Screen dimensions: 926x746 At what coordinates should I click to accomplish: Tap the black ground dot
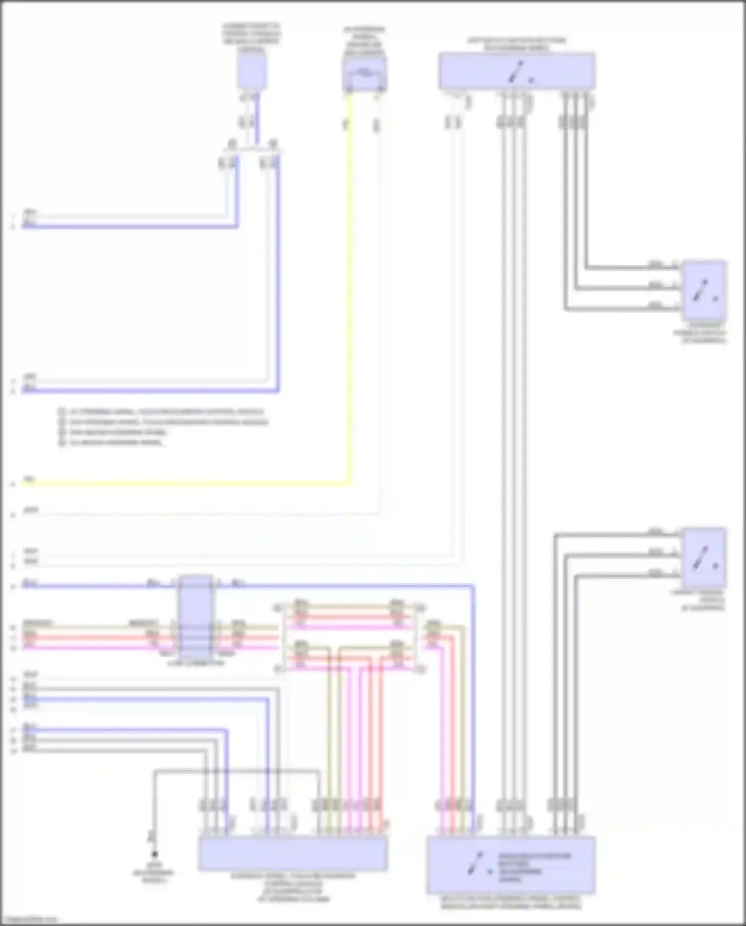[155, 854]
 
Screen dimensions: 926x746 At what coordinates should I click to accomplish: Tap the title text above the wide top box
[516, 44]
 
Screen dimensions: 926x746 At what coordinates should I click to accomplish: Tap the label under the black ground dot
[153, 876]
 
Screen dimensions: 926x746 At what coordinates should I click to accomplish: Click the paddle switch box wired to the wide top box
[703, 290]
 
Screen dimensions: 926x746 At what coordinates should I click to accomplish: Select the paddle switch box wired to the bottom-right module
[703, 557]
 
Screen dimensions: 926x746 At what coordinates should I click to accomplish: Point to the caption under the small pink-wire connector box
[196, 663]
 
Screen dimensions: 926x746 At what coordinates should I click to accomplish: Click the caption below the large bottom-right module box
[511, 903]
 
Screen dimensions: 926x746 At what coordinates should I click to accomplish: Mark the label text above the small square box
[251, 37]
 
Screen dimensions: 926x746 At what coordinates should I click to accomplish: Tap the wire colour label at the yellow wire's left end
[29, 480]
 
